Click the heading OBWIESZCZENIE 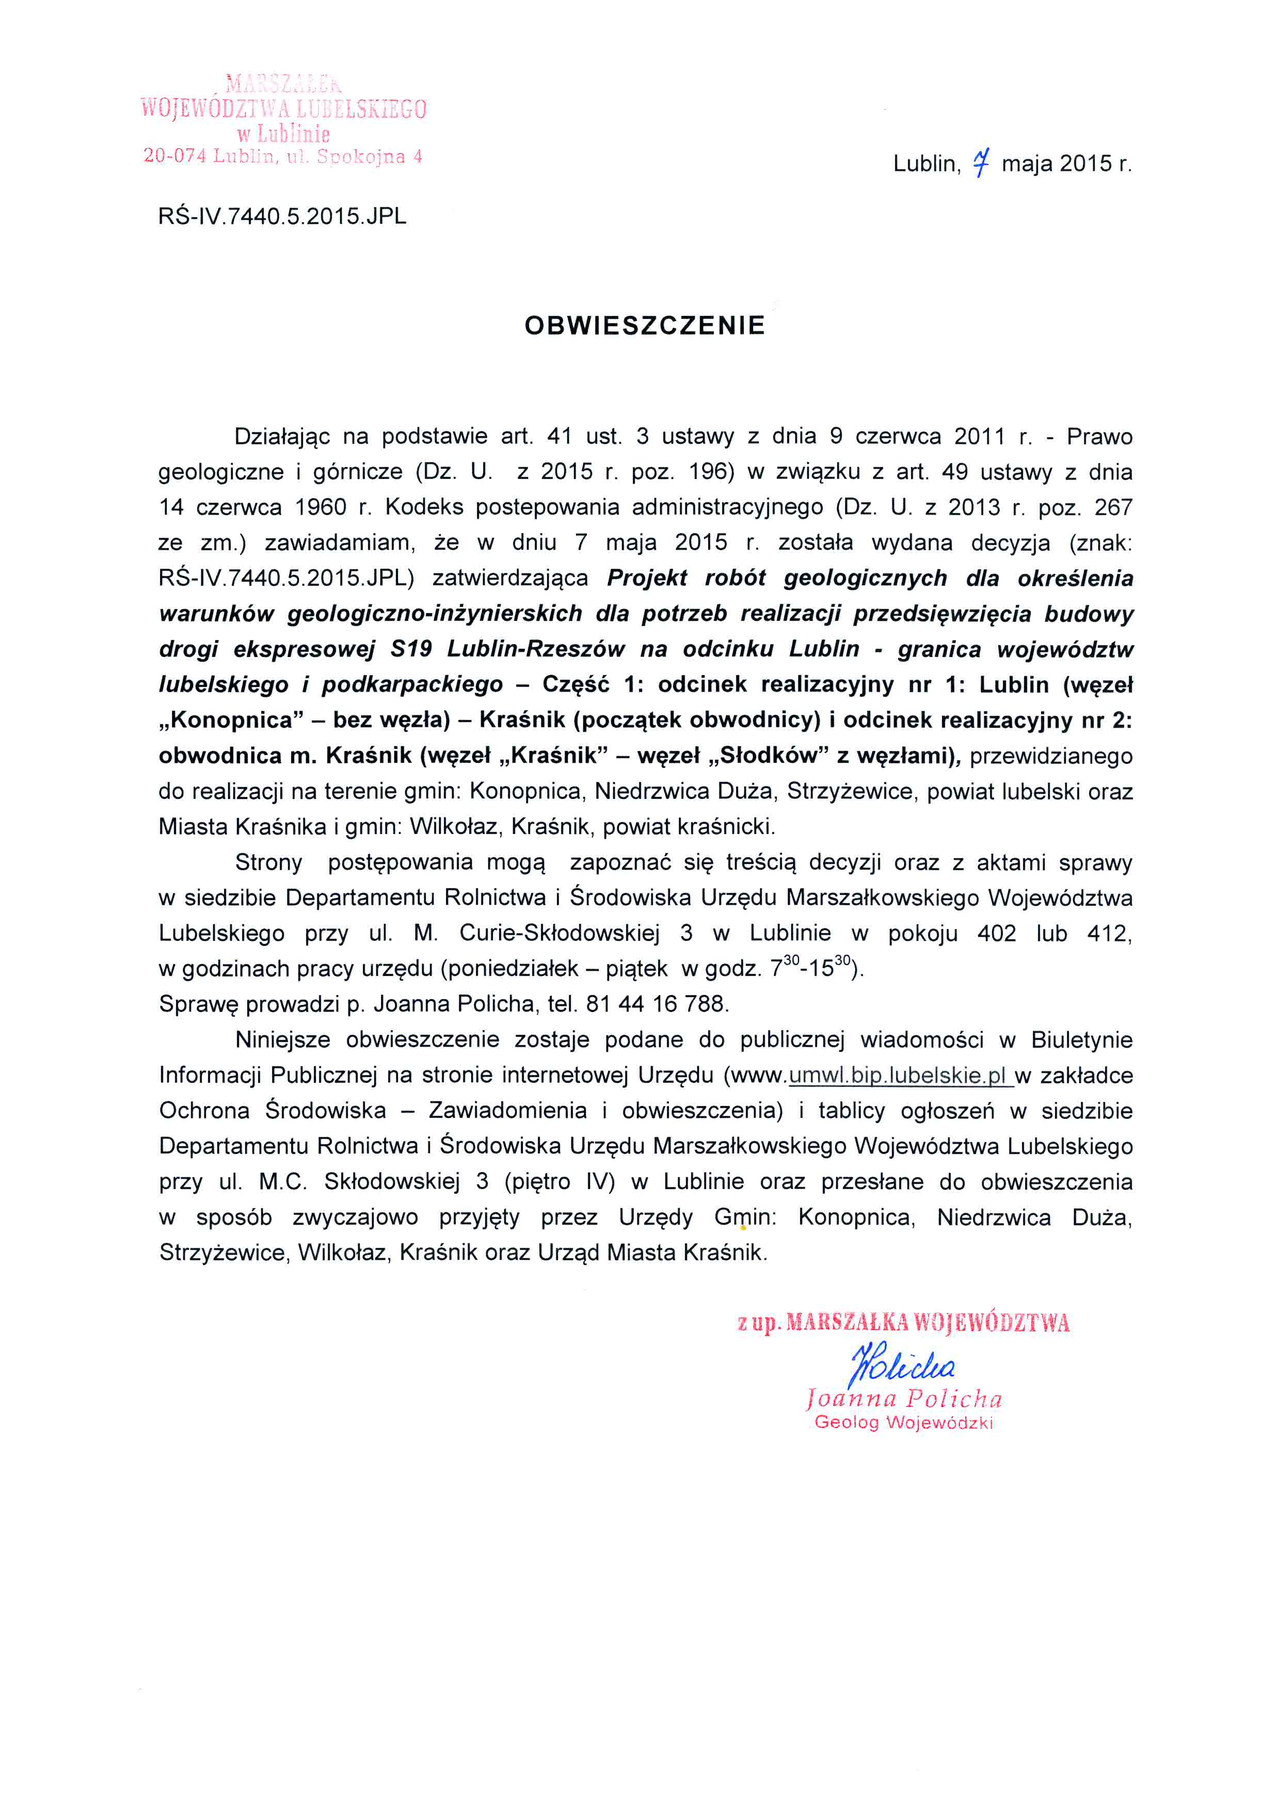tap(644, 326)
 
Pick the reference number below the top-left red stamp tap(282, 217)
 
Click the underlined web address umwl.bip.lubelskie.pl tap(900, 1075)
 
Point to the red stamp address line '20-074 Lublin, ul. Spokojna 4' tap(282, 156)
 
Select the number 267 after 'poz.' tap(1113, 507)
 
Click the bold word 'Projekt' tap(646, 578)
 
